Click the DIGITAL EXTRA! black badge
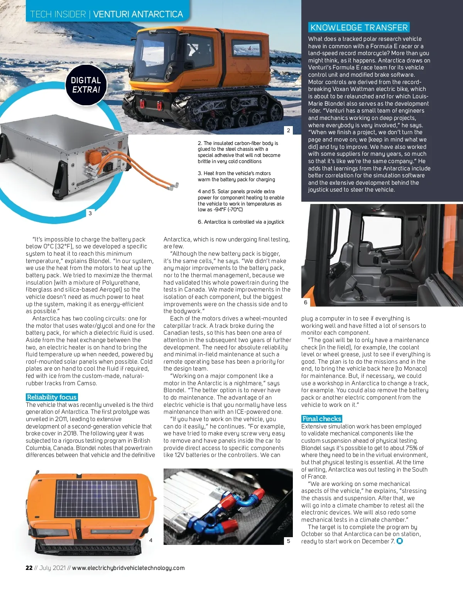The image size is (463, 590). (85, 85)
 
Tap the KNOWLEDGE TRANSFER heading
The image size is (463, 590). (358, 27)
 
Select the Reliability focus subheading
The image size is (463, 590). (52, 397)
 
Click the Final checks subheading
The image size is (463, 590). (322, 419)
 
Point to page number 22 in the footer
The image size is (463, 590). (29, 568)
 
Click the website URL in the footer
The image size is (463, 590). (128, 568)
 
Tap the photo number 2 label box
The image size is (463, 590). (288, 130)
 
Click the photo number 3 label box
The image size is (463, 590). (90, 213)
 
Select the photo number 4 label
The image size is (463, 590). (151, 540)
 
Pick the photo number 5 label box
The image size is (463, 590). (288, 541)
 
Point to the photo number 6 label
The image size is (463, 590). (306, 302)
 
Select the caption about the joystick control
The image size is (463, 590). (241, 222)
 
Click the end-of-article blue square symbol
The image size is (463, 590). (400, 541)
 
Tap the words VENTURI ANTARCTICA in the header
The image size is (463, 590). (138, 15)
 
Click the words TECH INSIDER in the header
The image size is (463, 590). (58, 15)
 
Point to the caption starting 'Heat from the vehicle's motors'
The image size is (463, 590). (236, 177)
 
